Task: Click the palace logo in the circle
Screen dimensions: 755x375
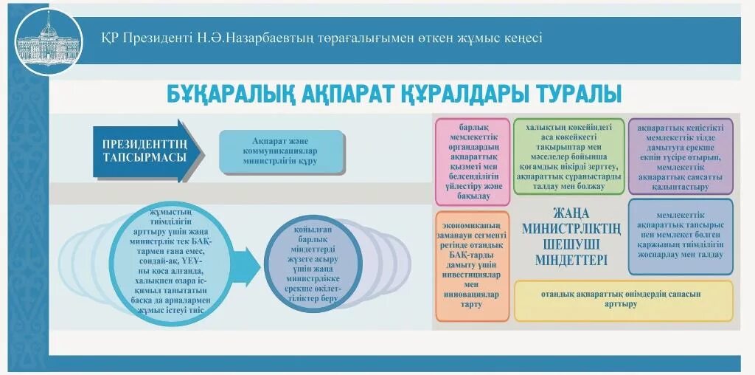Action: click(49, 41)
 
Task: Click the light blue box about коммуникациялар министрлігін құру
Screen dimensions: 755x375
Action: click(284, 152)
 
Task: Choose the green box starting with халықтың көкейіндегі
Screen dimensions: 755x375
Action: click(569, 156)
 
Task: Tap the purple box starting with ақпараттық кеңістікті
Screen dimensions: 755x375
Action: click(680, 156)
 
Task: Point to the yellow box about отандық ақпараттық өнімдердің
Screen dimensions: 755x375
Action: click(623, 300)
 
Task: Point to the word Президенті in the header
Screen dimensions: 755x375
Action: click(157, 38)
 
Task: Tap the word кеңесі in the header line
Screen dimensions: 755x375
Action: click(520, 38)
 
